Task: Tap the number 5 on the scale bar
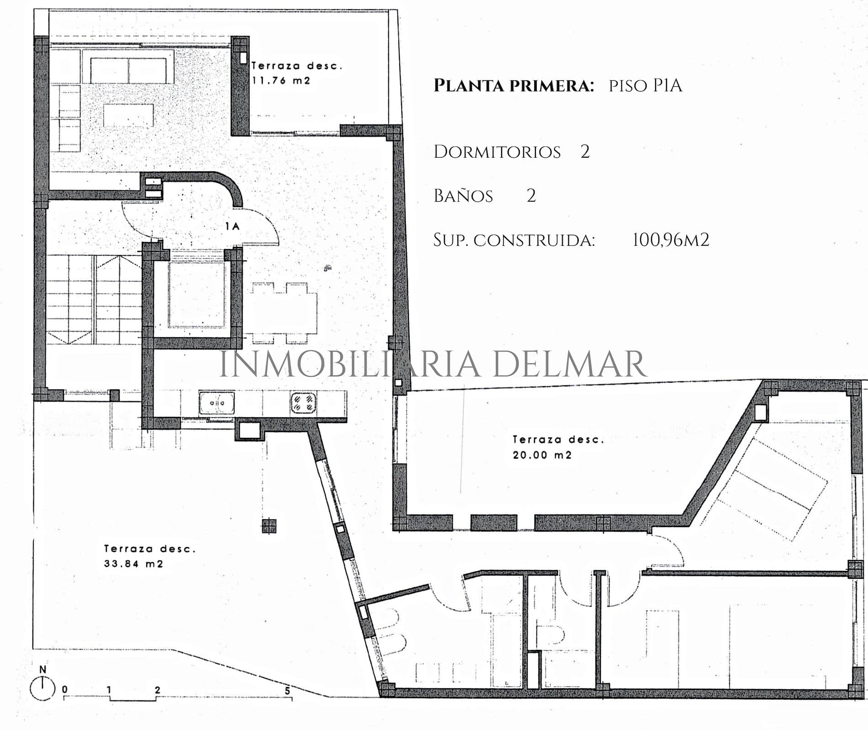(287, 690)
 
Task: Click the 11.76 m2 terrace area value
(281, 80)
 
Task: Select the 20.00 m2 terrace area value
(542, 455)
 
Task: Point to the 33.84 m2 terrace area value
(133, 564)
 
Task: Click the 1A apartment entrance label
(233, 226)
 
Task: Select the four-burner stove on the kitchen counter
(303, 403)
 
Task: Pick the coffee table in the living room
(128, 115)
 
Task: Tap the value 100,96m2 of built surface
(671, 240)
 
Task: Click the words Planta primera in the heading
(513, 85)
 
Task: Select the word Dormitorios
(497, 152)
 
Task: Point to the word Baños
(463, 196)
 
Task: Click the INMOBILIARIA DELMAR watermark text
(433, 364)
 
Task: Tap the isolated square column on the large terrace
(269, 526)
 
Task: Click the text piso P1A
(646, 85)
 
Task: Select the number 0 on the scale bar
(65, 690)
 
